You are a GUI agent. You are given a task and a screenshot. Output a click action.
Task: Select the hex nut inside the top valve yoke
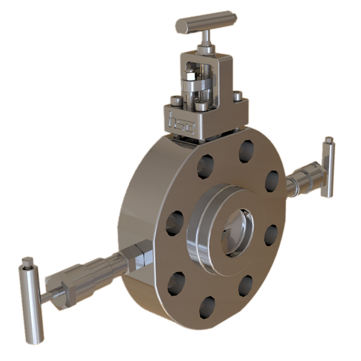click(x=190, y=76)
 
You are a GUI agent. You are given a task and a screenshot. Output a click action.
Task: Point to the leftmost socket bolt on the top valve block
click(x=176, y=101)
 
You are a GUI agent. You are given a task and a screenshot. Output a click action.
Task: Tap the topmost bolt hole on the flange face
click(x=246, y=151)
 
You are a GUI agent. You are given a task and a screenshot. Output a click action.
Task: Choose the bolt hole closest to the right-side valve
click(x=271, y=181)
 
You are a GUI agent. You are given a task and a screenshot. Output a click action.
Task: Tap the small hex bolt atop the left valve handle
click(x=27, y=262)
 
